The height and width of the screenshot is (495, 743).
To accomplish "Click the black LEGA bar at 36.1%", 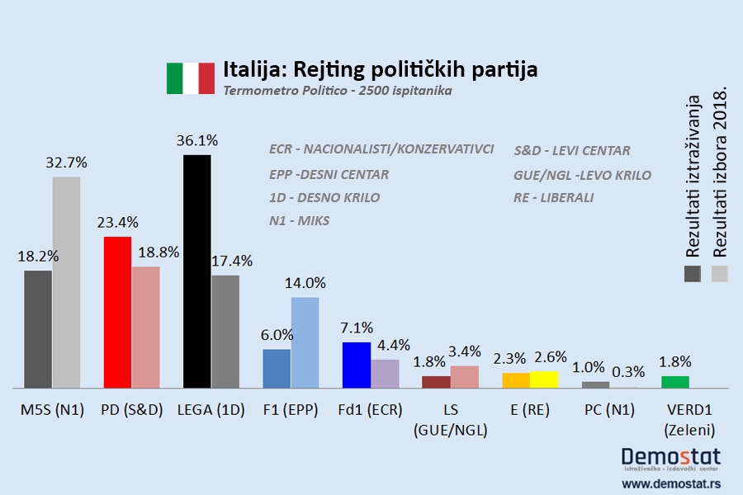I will point(196,271).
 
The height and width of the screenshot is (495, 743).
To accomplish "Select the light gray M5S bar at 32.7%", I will point(66,282).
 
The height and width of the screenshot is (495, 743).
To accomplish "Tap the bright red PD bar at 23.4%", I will point(117,312).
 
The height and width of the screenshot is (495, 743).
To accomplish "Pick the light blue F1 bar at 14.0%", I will point(305,342).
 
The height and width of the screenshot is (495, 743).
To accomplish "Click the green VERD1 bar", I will point(674,381).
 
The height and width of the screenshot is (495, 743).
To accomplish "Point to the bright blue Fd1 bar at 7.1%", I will point(356,365).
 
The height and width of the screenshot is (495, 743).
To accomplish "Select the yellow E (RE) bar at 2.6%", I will point(544,379).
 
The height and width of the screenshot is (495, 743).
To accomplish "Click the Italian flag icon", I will point(190,78).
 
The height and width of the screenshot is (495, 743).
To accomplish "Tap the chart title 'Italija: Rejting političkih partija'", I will point(381,69).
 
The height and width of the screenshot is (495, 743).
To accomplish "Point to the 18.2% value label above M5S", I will point(38,257).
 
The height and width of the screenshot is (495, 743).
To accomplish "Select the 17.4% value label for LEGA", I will point(232,261).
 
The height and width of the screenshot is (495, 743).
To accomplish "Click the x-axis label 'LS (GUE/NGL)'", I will point(450,419).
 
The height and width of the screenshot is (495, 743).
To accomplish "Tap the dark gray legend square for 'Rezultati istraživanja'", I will point(693,274).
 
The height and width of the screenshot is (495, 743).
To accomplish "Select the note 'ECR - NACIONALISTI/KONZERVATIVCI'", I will point(381,149).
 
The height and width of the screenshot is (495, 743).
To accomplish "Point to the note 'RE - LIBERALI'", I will point(553,198).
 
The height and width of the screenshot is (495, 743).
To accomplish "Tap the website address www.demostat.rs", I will point(670,483).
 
